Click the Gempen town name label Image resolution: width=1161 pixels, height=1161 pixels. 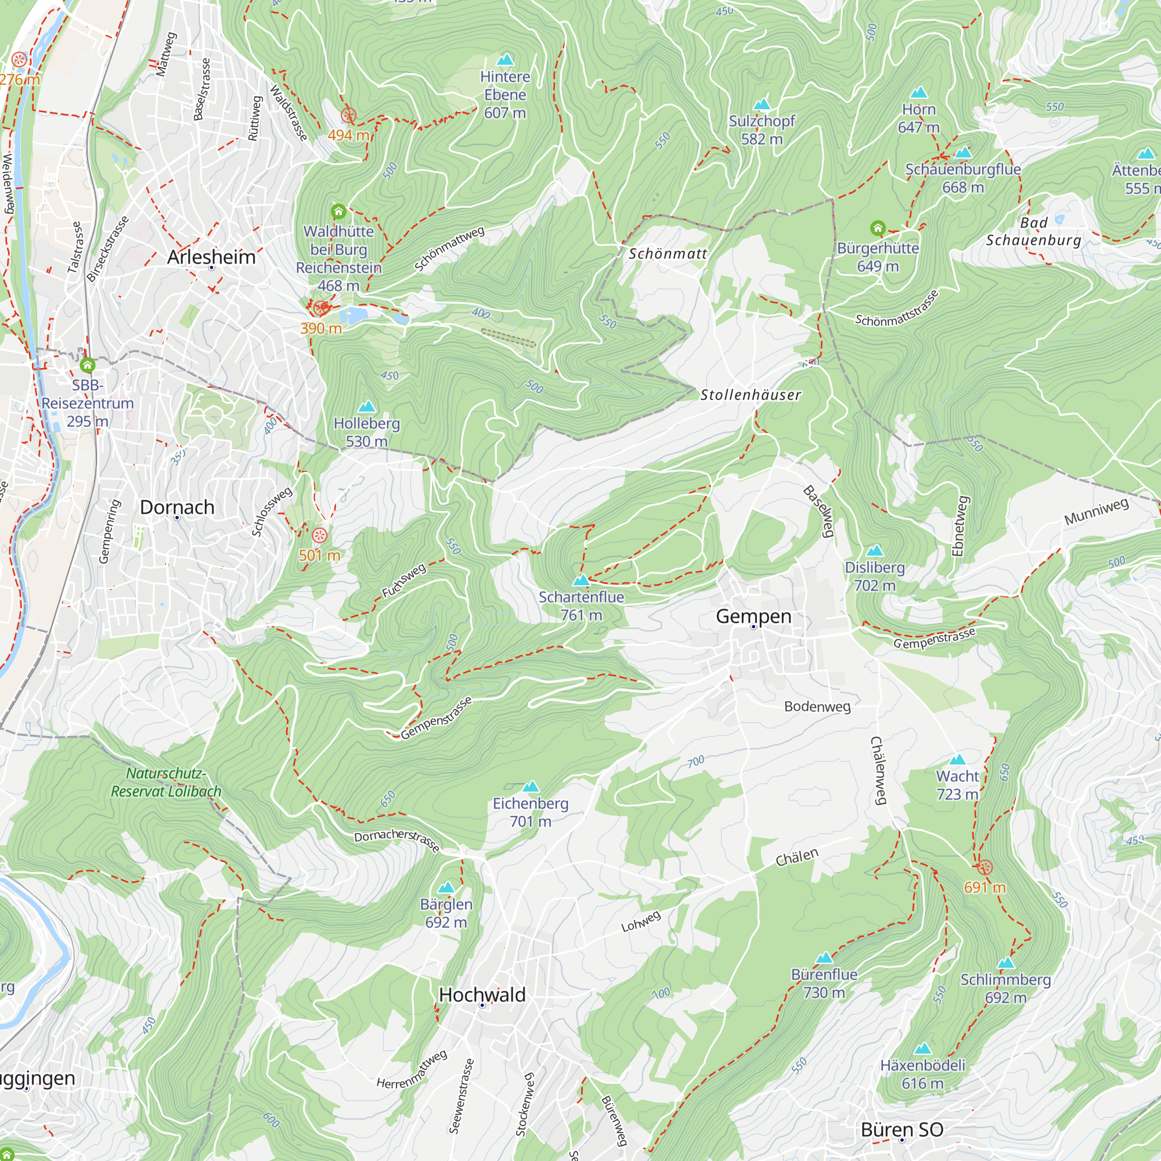point(753,616)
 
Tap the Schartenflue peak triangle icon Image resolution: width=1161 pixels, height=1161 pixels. point(580,580)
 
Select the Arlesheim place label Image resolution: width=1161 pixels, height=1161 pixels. point(211,257)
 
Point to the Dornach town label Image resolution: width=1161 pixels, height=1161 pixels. point(176,507)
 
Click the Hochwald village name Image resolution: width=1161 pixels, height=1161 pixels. point(482,994)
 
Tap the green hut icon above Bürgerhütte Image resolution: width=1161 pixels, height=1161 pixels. point(877,228)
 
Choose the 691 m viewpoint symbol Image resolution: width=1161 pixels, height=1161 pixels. point(985,867)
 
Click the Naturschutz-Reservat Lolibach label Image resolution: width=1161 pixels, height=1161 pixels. point(166,783)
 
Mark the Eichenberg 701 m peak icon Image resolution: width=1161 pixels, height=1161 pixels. point(530,787)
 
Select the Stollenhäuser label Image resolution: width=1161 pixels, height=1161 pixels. point(751,395)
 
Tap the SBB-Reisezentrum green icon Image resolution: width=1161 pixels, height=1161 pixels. point(88,365)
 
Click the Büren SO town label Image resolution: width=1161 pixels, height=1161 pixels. point(902,1130)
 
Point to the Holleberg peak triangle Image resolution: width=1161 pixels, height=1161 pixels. point(366,407)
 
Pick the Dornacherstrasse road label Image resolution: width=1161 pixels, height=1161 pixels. point(396,841)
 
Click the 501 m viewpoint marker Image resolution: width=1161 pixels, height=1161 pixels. point(320,535)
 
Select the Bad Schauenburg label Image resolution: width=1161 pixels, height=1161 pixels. point(1034,232)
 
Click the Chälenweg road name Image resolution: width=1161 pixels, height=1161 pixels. point(878,770)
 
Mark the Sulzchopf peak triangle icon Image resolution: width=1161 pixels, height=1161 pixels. point(762,104)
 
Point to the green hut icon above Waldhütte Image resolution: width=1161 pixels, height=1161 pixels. point(338,211)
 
